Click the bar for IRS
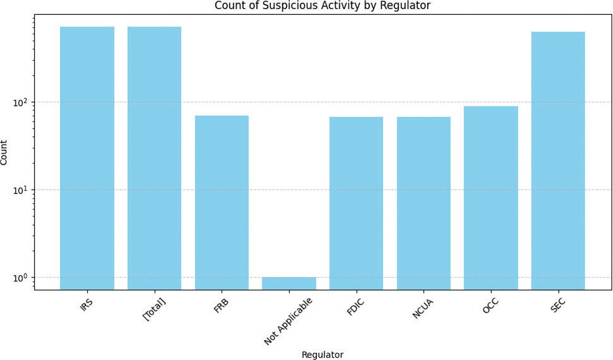[87, 158]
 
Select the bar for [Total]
[154, 158]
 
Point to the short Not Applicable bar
[289, 283]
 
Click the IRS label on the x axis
[87, 304]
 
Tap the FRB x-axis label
[222, 304]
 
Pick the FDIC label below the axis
[356, 306]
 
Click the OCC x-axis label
[491, 304]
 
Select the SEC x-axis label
[558, 304]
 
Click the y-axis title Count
[4, 153]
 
